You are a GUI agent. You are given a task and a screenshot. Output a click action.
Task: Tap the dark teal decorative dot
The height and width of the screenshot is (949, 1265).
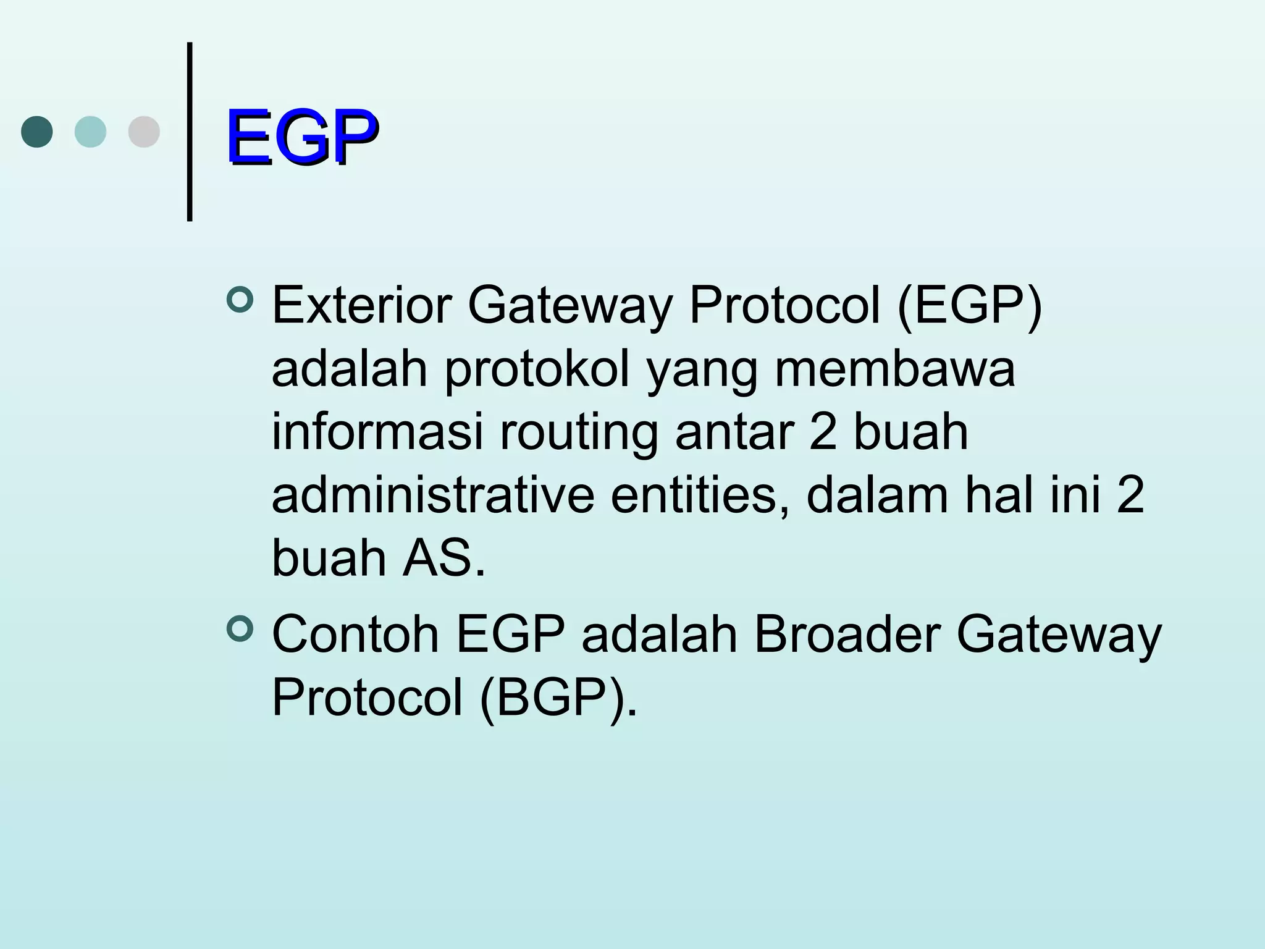pyautogui.click(x=37, y=132)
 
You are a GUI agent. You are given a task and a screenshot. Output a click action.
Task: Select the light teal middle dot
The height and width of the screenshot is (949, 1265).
pyautogui.click(x=90, y=132)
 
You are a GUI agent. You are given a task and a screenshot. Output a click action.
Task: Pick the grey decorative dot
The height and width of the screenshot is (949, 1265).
pyautogui.click(x=144, y=132)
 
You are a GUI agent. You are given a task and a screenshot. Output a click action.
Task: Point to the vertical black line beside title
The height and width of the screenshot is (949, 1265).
pyautogui.click(x=190, y=132)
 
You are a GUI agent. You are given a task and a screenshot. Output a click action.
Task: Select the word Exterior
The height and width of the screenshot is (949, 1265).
pyautogui.click(x=362, y=305)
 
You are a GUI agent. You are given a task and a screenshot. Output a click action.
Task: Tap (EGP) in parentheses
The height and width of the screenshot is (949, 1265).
pyautogui.click(x=969, y=305)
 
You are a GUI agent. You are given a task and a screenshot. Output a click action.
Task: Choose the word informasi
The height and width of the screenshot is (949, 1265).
pyautogui.click(x=377, y=432)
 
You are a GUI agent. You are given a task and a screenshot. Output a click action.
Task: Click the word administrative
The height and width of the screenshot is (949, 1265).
pyautogui.click(x=433, y=495)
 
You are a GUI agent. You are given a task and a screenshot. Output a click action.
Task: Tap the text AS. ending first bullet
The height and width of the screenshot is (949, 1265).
pyautogui.click(x=444, y=559)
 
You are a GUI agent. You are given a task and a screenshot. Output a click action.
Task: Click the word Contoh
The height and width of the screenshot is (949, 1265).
pyautogui.click(x=355, y=635)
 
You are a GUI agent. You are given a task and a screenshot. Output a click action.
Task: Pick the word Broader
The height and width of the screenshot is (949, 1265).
pyautogui.click(x=847, y=635)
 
